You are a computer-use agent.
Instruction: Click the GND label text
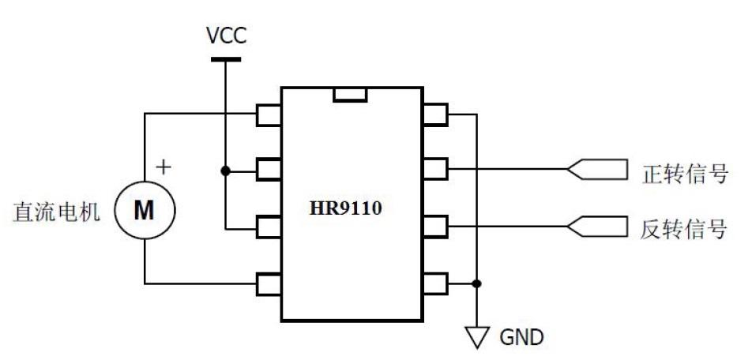pos(521,337)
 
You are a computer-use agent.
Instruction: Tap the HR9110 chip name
pos(351,209)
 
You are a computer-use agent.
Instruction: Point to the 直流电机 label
pos(56,212)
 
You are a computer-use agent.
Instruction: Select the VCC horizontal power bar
pos(225,58)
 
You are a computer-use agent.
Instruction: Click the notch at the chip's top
pos(349,95)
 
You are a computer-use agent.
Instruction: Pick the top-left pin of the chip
pos(269,114)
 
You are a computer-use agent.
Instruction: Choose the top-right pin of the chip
pos(435,114)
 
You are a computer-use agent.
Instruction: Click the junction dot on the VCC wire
pos(225,171)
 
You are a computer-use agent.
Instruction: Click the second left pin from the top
pos(269,171)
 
